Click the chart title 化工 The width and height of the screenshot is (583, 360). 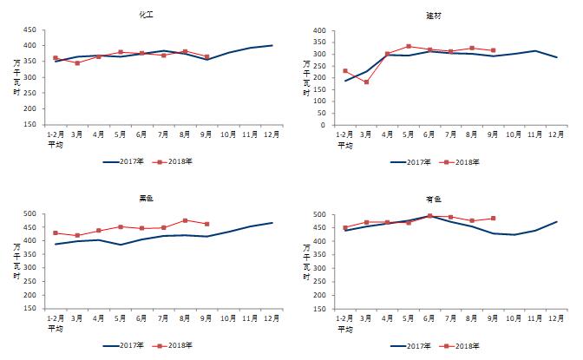click(147, 16)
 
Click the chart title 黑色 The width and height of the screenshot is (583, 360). click(147, 199)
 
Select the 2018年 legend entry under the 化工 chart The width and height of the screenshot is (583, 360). click(174, 161)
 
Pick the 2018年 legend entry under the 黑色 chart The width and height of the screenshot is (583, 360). click(174, 344)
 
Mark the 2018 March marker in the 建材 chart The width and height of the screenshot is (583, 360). click(366, 82)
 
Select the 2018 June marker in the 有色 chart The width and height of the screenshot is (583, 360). click(429, 216)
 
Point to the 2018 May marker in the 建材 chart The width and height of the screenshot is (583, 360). click(409, 47)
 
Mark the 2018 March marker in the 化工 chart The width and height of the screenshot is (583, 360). click(77, 63)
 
